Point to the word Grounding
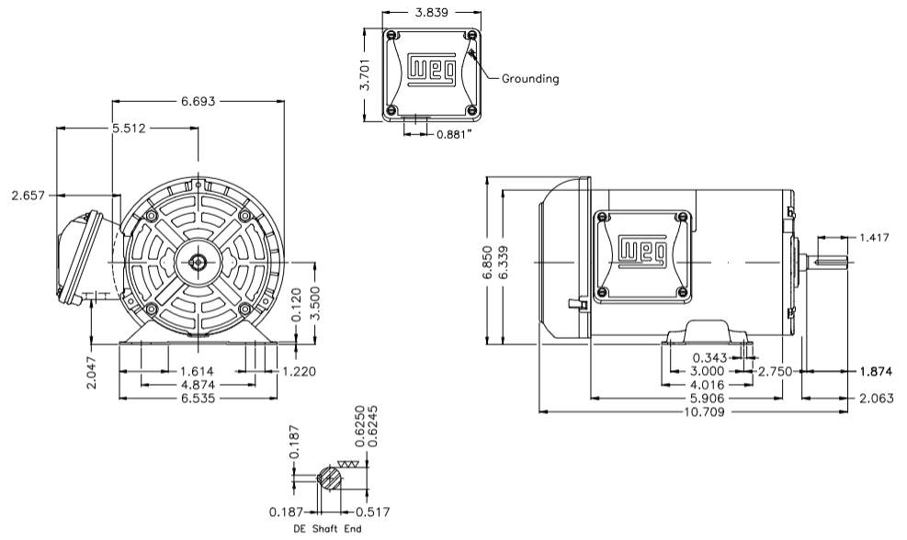(529, 79)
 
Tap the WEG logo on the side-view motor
(643, 251)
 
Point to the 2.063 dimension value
(875, 399)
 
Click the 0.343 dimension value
(711, 357)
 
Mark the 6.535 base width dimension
(199, 399)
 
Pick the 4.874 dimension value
(198, 385)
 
